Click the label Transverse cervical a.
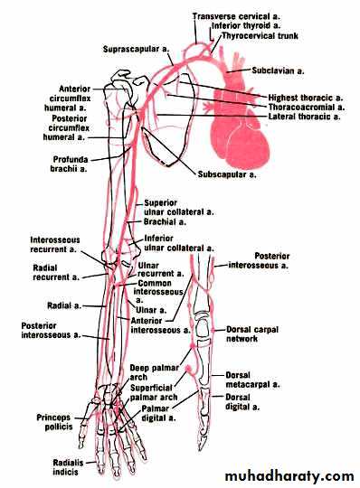236,16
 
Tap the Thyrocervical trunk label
261,36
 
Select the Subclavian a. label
278,70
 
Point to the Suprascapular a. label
136,49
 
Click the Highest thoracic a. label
306,98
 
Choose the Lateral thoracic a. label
304,117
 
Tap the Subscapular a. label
227,174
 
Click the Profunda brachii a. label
70,164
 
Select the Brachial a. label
165,222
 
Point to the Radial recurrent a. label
56,272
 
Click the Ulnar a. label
151,310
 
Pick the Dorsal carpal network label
252,334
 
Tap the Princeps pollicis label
54,422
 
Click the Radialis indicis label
68,467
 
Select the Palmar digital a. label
158,413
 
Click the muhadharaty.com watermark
289,476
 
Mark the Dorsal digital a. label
242,402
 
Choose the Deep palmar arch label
154,372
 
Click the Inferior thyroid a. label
246,25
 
